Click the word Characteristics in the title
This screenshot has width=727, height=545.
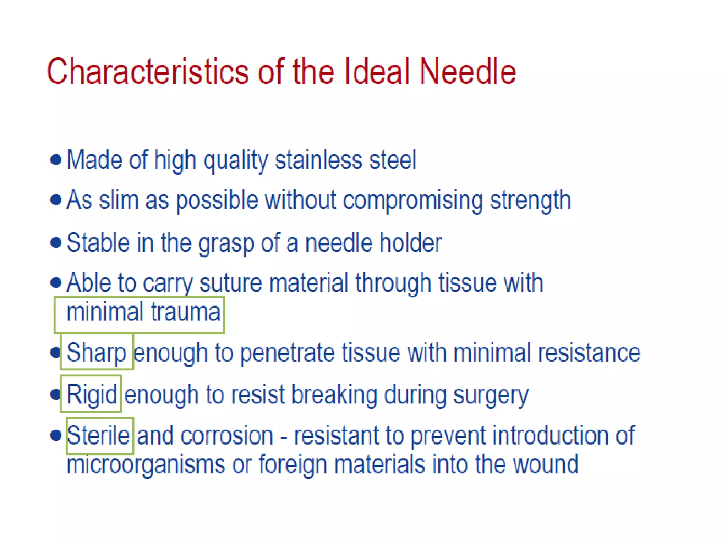(x=147, y=72)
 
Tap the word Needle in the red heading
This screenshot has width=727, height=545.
(x=467, y=72)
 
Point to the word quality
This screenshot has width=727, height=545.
(x=235, y=161)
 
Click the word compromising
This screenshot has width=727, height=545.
(x=412, y=201)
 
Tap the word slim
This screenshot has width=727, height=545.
(x=119, y=200)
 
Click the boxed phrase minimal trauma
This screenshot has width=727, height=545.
(x=143, y=312)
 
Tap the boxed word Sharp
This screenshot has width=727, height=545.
(x=96, y=352)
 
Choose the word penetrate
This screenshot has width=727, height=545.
(x=287, y=353)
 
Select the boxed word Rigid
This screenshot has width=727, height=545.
(x=92, y=394)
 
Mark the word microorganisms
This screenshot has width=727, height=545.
(x=146, y=464)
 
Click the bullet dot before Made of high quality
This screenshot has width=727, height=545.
(x=56, y=160)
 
